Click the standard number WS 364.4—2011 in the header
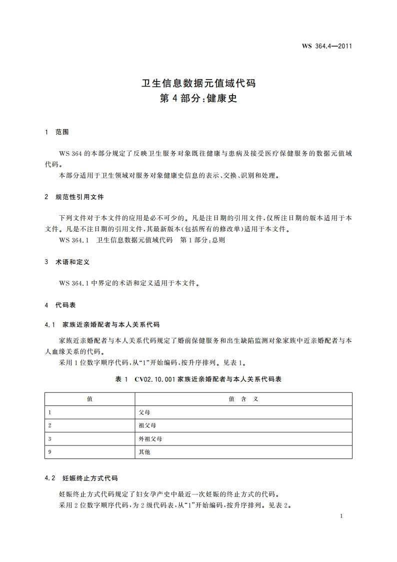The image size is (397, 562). click(327, 47)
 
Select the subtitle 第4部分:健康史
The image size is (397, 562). click(198, 98)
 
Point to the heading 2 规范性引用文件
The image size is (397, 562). click(74, 197)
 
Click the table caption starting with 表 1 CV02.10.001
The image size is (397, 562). click(198, 379)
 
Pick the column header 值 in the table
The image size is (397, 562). click(89, 399)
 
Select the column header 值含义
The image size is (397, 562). click(243, 399)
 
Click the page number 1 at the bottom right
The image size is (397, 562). click(340, 516)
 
